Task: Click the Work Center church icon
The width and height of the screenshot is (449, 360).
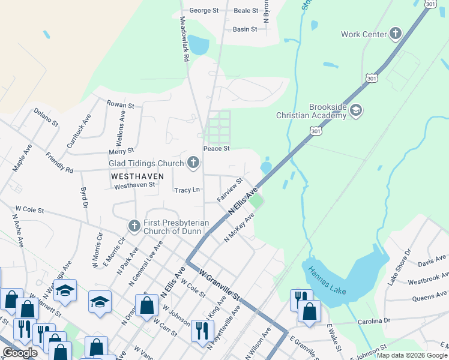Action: (x=396, y=34)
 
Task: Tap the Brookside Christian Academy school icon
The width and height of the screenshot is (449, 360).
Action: (x=356, y=110)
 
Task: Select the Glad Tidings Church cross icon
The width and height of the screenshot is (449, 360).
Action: (x=193, y=162)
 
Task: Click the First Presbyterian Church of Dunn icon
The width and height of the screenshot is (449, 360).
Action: (x=134, y=226)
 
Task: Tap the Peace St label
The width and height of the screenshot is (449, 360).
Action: (x=217, y=148)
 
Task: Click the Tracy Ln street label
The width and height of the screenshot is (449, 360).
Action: (x=187, y=190)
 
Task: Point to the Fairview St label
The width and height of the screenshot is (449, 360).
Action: (x=230, y=190)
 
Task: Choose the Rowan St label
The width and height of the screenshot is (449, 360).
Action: (x=121, y=104)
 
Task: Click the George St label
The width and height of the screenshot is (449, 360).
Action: (x=204, y=10)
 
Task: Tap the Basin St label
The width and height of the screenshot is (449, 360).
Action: (x=245, y=29)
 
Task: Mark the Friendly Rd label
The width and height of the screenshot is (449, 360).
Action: (x=59, y=163)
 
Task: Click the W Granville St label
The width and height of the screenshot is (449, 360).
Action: (x=219, y=284)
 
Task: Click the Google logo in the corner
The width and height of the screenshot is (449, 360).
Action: (x=20, y=353)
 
